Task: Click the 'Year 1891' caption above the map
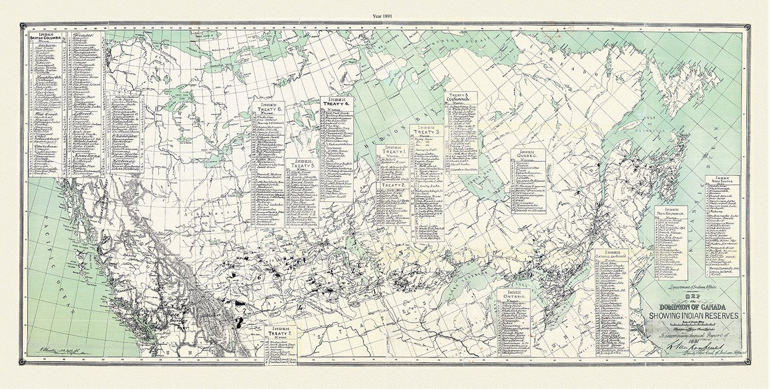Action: pyautogui.click(x=384, y=16)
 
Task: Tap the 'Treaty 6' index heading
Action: pyautogui.click(x=268, y=109)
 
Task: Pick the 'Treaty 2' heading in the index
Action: pyautogui.click(x=393, y=185)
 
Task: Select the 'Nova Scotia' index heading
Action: pyautogui.click(x=722, y=181)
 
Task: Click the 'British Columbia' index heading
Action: pyautogui.click(x=46, y=38)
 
